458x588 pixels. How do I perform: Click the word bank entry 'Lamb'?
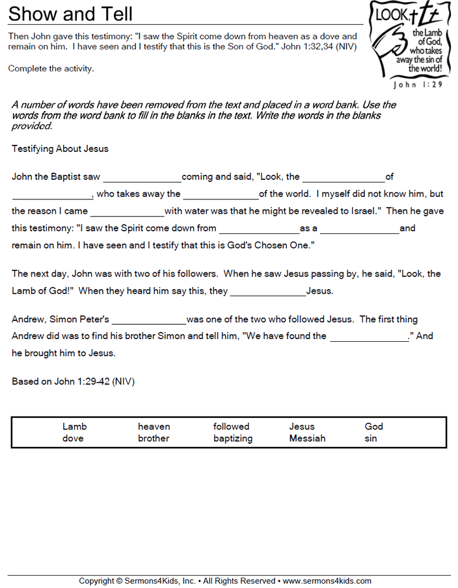tap(74, 427)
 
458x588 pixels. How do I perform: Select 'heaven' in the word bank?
tap(154, 427)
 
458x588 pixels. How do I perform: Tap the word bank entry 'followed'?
tap(231, 427)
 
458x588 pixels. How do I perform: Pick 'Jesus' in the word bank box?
tap(302, 427)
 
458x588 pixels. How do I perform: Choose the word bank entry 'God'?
tap(373, 427)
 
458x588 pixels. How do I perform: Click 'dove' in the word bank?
tap(73, 439)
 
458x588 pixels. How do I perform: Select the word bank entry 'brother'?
tap(154, 439)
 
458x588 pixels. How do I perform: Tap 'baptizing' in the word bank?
tap(233, 439)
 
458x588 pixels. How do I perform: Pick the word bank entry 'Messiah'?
tap(307, 439)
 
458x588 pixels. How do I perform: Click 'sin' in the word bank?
tap(371, 439)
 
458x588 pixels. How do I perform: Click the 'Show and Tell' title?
tap(70, 14)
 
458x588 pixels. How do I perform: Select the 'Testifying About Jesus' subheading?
tap(60, 149)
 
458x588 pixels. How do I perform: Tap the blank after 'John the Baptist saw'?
tap(142, 177)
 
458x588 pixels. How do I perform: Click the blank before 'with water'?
tap(127, 212)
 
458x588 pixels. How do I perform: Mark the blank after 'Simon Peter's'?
tap(149, 320)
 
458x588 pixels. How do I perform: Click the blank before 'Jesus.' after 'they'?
tap(267, 292)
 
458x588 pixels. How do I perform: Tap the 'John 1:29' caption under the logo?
tap(418, 84)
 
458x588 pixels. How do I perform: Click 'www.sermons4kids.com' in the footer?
tap(327, 581)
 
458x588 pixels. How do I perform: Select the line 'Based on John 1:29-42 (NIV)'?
tap(73, 381)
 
